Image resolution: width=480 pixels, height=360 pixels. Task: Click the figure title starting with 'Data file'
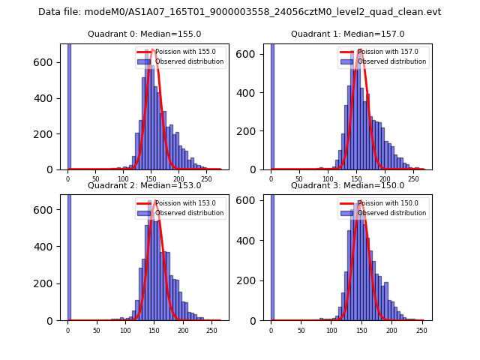(240, 12)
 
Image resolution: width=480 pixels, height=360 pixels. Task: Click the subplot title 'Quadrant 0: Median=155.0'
(144, 34)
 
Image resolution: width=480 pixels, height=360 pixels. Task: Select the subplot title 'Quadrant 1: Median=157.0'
(347, 34)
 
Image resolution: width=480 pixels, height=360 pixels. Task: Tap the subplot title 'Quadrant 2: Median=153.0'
(144, 185)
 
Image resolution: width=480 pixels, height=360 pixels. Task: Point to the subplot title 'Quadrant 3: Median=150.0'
(347, 185)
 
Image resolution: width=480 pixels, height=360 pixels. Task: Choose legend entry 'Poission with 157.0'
(382, 52)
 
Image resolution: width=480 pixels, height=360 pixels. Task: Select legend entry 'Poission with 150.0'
(382, 203)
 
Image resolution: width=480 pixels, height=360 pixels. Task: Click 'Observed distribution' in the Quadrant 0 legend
(189, 61)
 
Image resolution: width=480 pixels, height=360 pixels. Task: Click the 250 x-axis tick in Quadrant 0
(206, 179)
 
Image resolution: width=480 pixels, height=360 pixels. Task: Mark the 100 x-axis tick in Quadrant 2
(125, 330)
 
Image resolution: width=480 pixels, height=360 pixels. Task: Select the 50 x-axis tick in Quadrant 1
(299, 179)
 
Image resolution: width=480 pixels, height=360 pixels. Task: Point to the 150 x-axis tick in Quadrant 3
(361, 330)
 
